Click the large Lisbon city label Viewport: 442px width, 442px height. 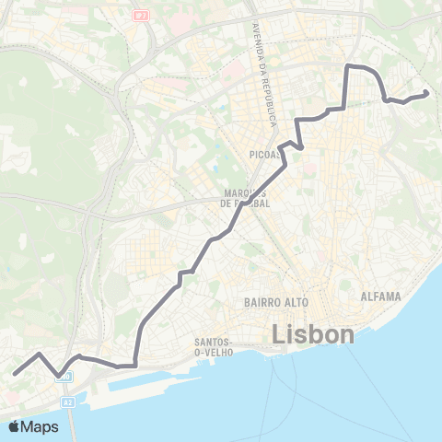click(313, 333)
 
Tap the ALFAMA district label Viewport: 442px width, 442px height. click(381, 297)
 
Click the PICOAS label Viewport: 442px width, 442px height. click(265, 155)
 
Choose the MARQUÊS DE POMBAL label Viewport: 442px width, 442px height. click(246, 198)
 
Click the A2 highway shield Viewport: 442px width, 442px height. click(68, 402)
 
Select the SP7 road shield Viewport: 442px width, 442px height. click(140, 14)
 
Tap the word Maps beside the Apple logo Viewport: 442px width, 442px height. click(41, 426)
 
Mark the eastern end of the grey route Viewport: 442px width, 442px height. click(425, 94)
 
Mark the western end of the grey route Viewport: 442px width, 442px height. click(15, 373)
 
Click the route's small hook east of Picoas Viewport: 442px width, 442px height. click(299, 145)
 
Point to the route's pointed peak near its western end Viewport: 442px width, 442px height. click(39, 354)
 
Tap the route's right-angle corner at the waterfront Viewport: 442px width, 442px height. click(136, 365)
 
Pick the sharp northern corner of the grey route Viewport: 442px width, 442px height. click(347, 67)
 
